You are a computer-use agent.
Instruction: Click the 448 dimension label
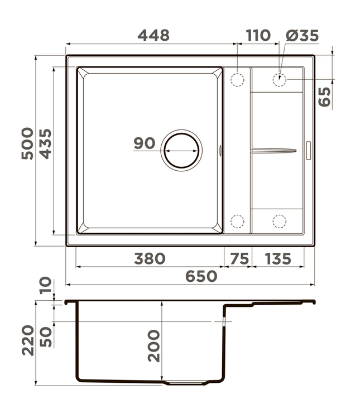[153, 35]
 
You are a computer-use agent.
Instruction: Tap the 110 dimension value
[258, 35]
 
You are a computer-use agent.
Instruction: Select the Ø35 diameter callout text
[303, 35]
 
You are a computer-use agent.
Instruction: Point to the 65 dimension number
[324, 97]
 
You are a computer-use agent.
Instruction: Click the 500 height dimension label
[27, 143]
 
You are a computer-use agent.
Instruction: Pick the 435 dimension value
[45, 144]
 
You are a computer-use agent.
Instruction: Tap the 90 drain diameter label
[145, 143]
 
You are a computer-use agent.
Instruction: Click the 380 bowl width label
[150, 259]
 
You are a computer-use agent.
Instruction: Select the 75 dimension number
[239, 259]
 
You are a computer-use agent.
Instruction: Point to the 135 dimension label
[278, 259]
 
